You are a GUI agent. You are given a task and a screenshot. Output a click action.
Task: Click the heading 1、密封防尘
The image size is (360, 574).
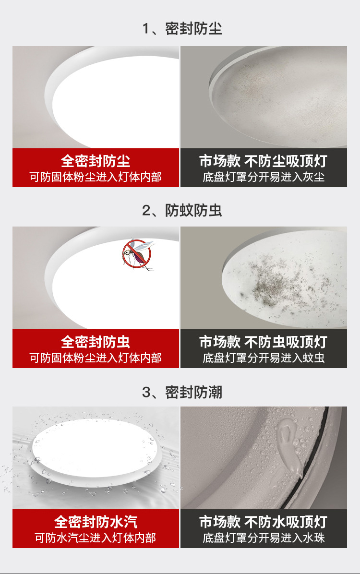click(182, 28)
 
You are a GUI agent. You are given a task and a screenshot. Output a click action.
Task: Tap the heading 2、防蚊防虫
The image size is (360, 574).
click(182, 210)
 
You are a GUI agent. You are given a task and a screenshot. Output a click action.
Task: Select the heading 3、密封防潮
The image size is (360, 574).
click(182, 392)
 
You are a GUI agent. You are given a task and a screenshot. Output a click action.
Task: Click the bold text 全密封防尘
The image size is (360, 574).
click(96, 161)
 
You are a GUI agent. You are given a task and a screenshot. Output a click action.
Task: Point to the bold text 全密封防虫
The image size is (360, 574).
click(96, 342)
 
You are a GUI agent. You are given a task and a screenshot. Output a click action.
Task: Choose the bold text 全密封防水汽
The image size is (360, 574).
click(96, 522)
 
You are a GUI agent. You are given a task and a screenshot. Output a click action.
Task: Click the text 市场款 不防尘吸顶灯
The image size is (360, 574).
click(264, 161)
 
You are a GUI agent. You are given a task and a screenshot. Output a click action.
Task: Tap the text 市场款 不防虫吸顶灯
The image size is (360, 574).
click(264, 342)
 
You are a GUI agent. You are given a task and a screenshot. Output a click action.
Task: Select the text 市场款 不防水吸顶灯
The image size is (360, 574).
click(264, 522)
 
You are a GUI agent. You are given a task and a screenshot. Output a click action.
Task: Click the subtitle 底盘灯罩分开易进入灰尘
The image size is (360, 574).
click(264, 177)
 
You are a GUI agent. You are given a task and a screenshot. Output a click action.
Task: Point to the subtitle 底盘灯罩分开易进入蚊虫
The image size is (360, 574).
click(264, 358)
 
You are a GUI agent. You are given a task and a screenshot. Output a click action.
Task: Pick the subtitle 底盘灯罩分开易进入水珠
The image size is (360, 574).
click(264, 538)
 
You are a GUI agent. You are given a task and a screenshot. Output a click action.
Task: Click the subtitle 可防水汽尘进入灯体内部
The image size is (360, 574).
click(96, 538)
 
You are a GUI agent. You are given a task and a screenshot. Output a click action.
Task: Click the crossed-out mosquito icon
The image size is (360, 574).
click(137, 254)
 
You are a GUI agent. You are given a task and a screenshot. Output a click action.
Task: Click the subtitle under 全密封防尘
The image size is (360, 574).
click(96, 177)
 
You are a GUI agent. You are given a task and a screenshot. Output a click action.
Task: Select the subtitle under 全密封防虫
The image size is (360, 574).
click(96, 358)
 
